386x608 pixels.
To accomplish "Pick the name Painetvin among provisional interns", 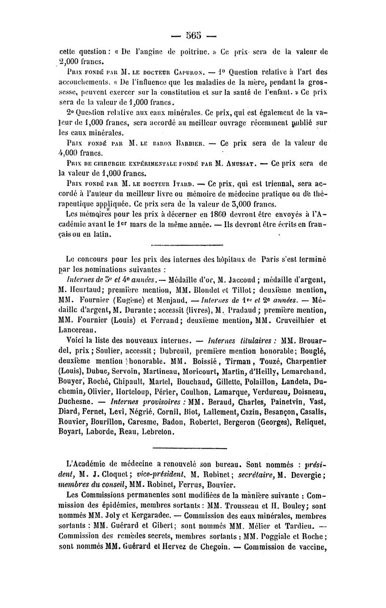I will click(266, 400).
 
